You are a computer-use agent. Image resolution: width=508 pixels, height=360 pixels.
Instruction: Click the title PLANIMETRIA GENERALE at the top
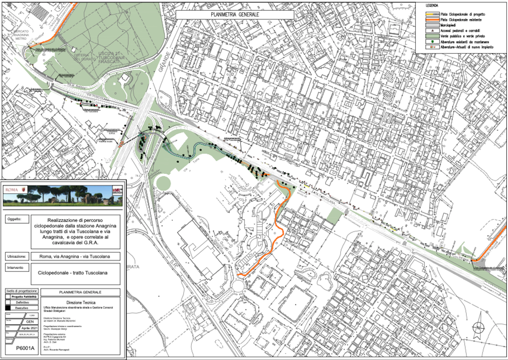coord(235,15)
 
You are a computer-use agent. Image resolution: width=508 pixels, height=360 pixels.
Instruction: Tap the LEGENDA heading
coord(432,6)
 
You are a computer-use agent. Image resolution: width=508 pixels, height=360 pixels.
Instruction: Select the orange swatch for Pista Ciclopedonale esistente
coord(432,20)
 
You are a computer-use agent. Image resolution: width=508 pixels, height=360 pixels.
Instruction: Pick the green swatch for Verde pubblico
coord(432,36)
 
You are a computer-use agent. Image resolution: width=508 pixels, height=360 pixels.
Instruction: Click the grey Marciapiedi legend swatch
coord(432,25)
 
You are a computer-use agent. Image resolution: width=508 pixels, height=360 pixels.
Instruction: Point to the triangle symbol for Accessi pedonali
coord(432,30)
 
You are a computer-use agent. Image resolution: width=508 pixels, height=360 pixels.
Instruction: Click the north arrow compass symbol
coord(478,327)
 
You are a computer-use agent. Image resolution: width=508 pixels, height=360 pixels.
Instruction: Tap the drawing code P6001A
coord(25,348)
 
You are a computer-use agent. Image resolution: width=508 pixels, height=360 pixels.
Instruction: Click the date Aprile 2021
coord(30,328)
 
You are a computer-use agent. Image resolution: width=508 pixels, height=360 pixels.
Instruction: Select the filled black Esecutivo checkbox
coord(8,308)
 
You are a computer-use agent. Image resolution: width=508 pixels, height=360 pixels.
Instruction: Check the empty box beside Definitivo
coord(8,302)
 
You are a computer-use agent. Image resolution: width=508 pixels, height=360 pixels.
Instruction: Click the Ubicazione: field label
coord(17,256)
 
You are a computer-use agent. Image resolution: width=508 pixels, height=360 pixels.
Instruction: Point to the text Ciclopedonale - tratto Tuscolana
coord(73,273)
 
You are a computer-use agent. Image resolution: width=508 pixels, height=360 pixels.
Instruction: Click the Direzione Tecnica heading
coord(81,303)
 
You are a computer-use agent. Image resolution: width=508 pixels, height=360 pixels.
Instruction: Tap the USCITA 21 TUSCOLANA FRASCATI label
coord(110,57)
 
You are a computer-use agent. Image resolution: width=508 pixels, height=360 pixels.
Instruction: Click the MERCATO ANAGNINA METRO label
coord(21,35)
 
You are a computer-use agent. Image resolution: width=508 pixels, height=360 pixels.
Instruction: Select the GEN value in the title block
coord(30,322)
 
